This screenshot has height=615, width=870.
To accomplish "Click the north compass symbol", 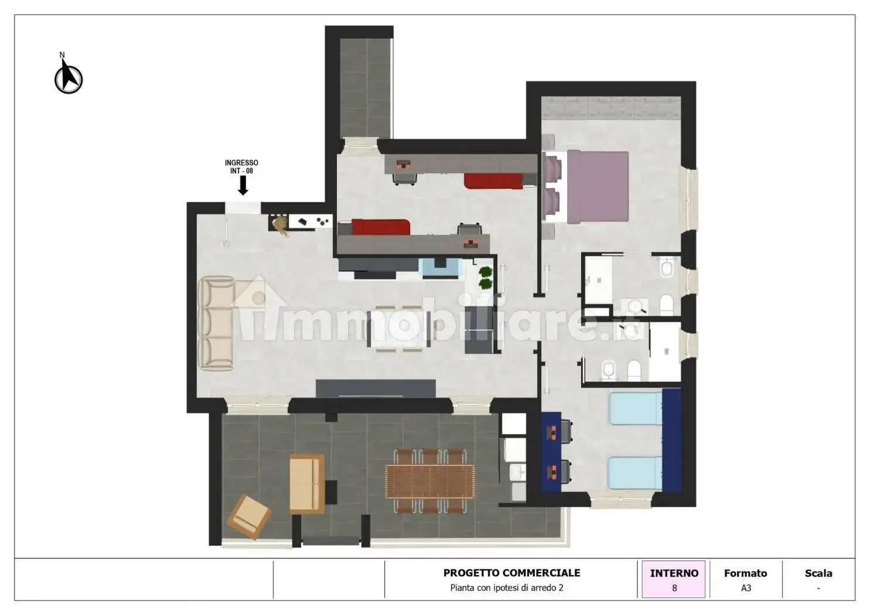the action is coord(69,77).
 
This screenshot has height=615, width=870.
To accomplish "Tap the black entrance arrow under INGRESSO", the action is coord(243,185).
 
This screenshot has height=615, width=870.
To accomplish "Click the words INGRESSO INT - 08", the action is coord(241,166).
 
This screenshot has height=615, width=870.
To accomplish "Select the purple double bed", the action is coord(598,187).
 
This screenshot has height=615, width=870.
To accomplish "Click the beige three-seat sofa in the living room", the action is coord(216,323).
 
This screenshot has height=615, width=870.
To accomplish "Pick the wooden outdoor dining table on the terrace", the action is coord(430,481).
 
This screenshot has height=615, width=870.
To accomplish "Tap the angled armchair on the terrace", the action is coord(248,517).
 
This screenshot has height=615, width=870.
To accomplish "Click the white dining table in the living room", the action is coord(399,329).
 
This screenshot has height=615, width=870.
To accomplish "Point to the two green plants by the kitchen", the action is coord(486,277).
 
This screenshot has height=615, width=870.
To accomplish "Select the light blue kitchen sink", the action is coord(440,268).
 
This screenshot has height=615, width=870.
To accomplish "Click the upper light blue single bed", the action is coord(635,408).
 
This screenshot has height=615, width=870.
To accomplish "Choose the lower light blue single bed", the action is coord(635,473).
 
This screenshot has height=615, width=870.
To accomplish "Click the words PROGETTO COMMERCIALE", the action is coord(511,573).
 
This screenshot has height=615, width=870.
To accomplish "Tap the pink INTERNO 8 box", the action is coord(674,579).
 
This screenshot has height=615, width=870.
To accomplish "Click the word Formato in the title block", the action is coord(745,573).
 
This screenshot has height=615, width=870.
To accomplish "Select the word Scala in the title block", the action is coord(818,573).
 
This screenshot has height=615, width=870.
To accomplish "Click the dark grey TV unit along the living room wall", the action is coord(376,388).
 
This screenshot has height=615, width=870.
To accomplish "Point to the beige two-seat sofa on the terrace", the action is coord(307,484).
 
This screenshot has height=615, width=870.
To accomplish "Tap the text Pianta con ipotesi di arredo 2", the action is coord(506,588).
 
